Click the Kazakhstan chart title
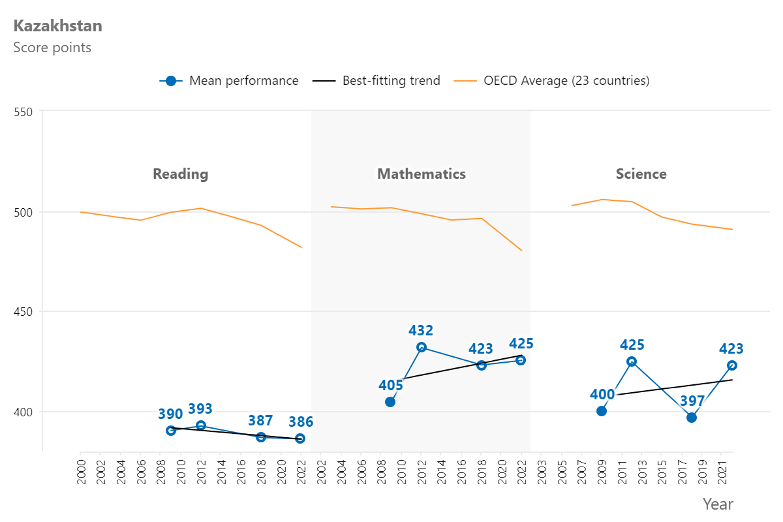[57, 26]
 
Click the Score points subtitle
[52, 48]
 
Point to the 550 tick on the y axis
[23, 112]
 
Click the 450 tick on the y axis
[23, 312]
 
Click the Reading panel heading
[181, 174]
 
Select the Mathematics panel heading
[422, 174]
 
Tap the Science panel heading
[641, 174]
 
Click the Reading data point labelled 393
[201, 425]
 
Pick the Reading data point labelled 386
[300, 438]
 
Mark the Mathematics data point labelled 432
[422, 347]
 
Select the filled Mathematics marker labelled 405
[390, 402]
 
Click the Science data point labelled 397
[692, 418]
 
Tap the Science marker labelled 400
[602, 411]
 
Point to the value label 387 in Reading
[260, 421]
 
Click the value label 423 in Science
[731, 349]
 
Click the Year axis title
[718, 504]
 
